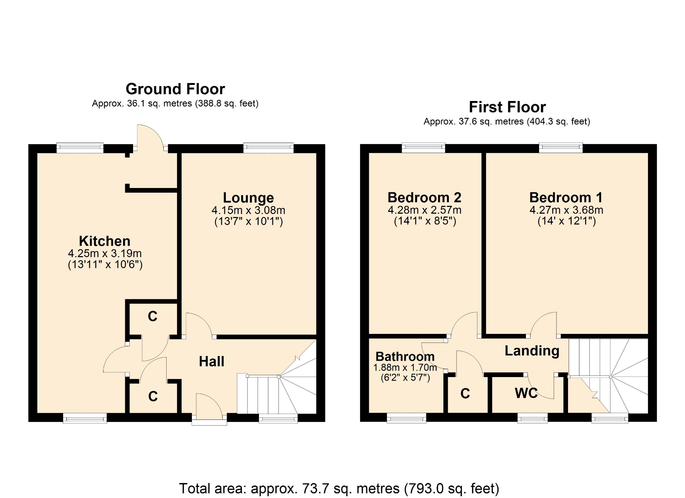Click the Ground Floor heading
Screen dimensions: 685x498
[175, 89]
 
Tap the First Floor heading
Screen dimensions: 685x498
[507, 107]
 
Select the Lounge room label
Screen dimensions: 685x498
[248, 198]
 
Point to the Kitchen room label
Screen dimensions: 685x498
[105, 241]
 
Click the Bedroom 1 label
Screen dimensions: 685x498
[566, 197]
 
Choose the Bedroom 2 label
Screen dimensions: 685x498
[424, 197]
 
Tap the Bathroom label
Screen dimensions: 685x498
[405, 356]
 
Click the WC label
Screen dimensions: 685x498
[526, 393]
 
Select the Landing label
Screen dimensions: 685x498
[532, 351]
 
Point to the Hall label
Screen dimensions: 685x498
[212, 362]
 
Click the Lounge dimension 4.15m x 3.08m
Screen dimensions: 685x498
[248, 210]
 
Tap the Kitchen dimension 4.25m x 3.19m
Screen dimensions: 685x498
[105, 253]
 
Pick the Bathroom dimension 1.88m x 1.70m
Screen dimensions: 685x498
[405, 367]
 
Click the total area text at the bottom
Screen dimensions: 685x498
[339, 488]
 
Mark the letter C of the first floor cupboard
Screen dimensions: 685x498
[465, 393]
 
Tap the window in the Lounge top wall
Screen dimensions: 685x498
[268, 148]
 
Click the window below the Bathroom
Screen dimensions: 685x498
[406, 418]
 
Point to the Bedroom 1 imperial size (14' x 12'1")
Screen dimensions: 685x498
[567, 221]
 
